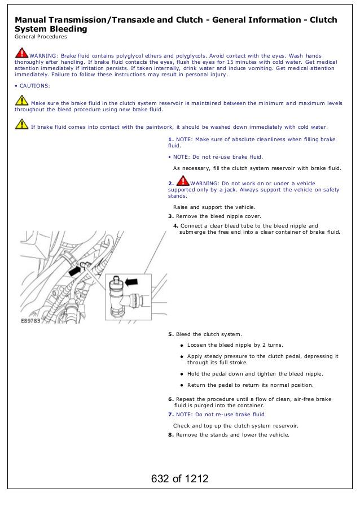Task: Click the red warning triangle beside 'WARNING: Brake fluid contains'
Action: point(21,54)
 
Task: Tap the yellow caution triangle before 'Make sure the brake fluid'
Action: point(21,101)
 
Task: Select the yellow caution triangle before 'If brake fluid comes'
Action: point(21,125)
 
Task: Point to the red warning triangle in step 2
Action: point(183,181)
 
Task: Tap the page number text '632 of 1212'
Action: point(179,479)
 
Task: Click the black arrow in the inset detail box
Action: point(131,281)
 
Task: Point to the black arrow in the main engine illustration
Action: point(73,271)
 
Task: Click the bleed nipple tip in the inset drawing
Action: point(116,278)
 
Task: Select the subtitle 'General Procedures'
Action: point(41,37)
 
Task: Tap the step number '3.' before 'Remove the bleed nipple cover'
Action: point(171,216)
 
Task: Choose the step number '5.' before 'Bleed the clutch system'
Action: point(171,334)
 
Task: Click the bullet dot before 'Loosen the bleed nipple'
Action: point(182,345)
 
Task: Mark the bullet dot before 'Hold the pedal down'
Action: point(182,374)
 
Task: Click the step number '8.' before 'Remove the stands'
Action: point(171,434)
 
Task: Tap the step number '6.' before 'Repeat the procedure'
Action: point(171,399)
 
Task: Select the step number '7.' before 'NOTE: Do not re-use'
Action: point(171,414)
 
